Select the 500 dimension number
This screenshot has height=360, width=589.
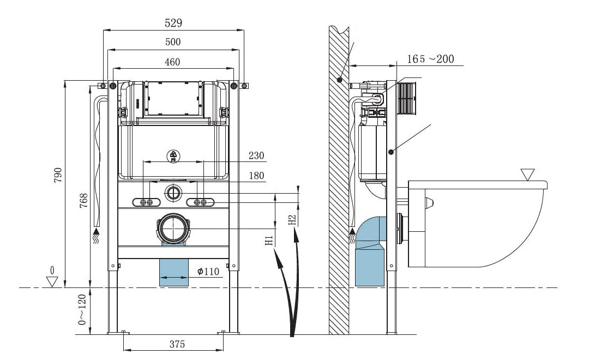[x=173, y=42]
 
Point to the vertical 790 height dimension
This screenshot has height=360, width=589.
[x=59, y=175]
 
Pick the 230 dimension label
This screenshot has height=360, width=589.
[x=256, y=156]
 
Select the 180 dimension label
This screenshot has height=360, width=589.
[x=256, y=176]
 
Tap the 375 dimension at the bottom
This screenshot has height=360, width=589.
[x=177, y=344]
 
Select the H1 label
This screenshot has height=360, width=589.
[x=269, y=240]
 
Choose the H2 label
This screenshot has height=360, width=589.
[x=292, y=220]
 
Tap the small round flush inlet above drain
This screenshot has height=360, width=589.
[x=173, y=192]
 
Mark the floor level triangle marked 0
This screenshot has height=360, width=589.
[x=52, y=281]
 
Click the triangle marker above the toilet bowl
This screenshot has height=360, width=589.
[x=527, y=175]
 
